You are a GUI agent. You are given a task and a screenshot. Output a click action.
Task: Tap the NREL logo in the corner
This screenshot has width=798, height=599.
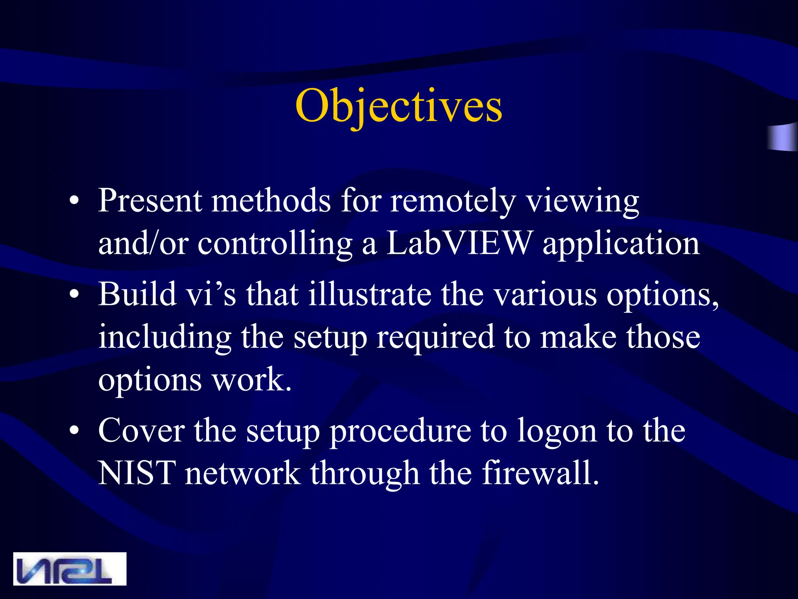pyautogui.click(x=70, y=569)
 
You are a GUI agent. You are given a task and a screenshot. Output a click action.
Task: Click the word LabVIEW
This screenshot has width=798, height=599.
pyautogui.click(x=459, y=243)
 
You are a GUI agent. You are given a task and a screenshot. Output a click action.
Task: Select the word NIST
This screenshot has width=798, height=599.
pyautogui.click(x=137, y=473)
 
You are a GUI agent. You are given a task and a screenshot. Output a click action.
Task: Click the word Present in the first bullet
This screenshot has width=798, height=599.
pyautogui.click(x=150, y=200)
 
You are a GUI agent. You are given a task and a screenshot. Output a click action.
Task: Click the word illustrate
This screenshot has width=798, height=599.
pyautogui.click(x=370, y=294)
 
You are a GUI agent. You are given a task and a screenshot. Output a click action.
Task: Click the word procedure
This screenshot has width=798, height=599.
pyautogui.click(x=400, y=432)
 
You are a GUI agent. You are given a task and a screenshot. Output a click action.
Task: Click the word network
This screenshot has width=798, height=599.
pyautogui.click(x=242, y=473)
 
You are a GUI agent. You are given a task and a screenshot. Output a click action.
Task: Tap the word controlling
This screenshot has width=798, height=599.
pyautogui.click(x=275, y=244)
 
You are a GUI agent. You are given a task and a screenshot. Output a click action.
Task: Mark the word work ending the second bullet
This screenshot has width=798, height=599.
pyautogui.click(x=251, y=380)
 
